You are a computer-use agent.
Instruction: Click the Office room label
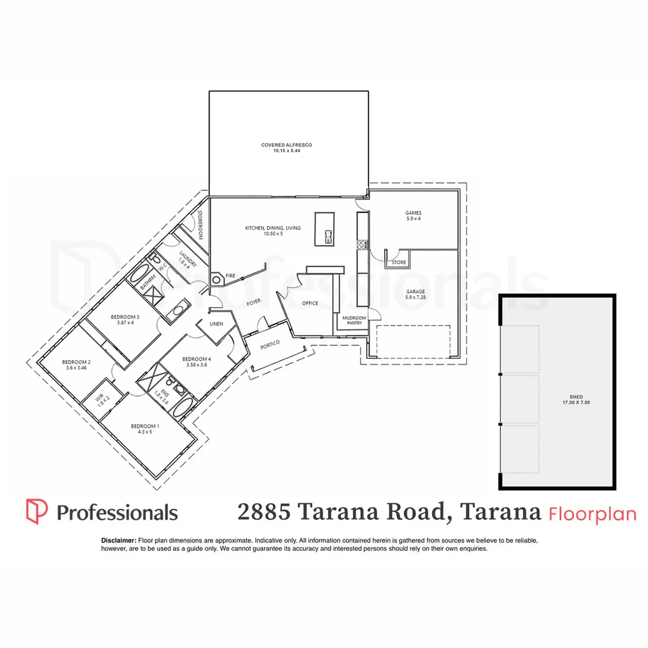(x=310, y=303)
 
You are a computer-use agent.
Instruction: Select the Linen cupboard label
(x=216, y=324)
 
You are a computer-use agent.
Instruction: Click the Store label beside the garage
(x=398, y=262)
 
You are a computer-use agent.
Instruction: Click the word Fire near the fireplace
(x=229, y=275)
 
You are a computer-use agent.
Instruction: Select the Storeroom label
(x=200, y=225)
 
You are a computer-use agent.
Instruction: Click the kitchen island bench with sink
(x=325, y=229)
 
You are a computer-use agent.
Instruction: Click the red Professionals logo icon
(x=37, y=511)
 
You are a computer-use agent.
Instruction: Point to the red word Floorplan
(x=592, y=514)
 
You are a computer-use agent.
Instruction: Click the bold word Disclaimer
(x=119, y=541)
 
